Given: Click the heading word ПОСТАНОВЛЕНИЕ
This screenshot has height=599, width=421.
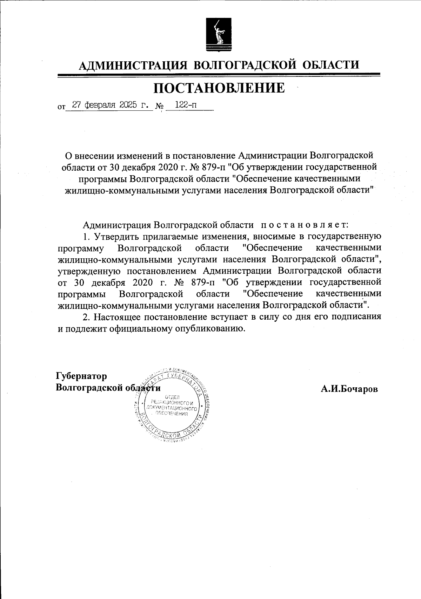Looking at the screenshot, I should coord(220,88).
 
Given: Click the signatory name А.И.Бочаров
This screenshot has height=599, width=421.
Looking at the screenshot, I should coord(349,389).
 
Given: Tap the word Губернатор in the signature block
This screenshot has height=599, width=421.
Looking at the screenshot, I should coord(81,376).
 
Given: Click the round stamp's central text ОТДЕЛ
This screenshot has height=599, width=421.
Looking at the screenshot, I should coord(172,397).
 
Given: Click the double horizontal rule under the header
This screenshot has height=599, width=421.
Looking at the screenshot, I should coord(219,75).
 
